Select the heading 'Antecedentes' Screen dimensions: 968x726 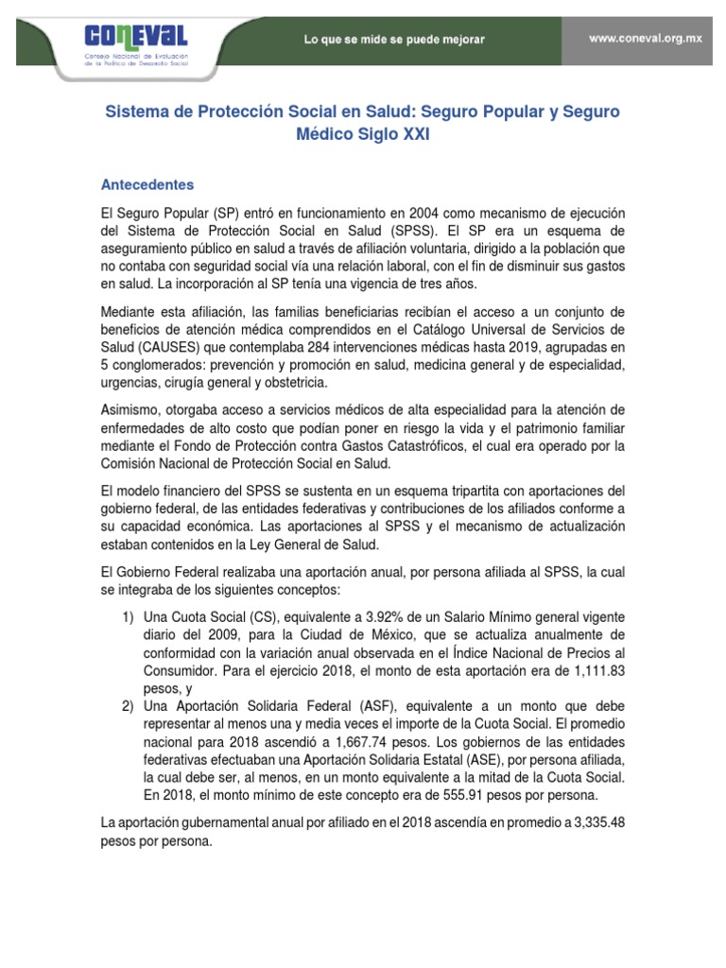[147, 184]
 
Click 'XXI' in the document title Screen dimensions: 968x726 [412, 135]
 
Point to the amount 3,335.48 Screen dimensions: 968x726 [595, 823]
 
